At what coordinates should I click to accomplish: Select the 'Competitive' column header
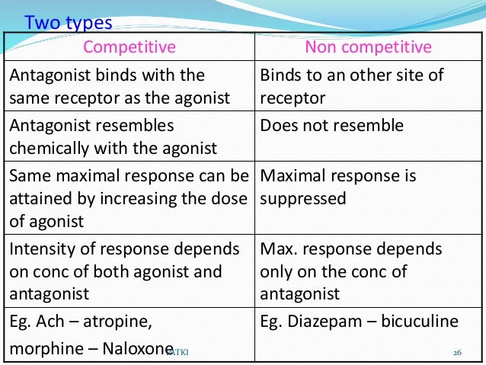[129, 47]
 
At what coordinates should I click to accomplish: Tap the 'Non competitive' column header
[368, 47]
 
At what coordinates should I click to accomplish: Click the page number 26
[458, 352]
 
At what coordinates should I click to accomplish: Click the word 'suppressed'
[303, 198]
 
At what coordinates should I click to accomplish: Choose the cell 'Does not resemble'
[331, 126]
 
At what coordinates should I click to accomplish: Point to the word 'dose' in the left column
[231, 199]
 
